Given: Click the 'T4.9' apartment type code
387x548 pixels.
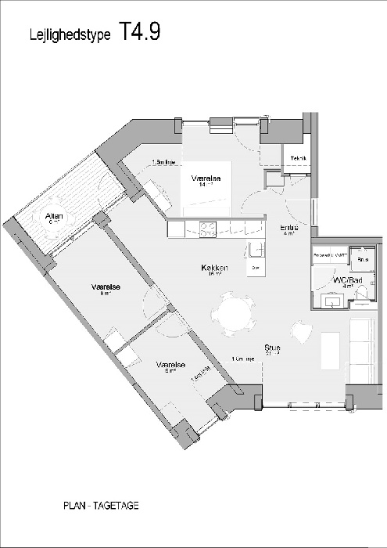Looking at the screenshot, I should click(x=141, y=31).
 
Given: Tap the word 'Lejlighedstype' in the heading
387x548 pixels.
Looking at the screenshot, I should click(x=69, y=35).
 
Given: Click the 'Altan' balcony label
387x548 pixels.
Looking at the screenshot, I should click(x=54, y=216).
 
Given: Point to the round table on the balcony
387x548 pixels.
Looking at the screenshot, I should click(x=55, y=223).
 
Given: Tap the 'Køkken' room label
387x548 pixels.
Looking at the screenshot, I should click(x=213, y=268).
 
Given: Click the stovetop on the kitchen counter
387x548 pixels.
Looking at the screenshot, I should click(x=209, y=229).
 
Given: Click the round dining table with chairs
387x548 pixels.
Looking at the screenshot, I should click(x=232, y=314).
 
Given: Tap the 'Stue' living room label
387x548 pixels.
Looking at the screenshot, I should click(x=272, y=348).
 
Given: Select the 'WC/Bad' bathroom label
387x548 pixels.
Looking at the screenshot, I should click(x=345, y=279).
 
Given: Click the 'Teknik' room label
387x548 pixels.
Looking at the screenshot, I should click(x=299, y=160).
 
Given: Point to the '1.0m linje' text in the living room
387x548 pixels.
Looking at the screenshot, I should click(x=242, y=359).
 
